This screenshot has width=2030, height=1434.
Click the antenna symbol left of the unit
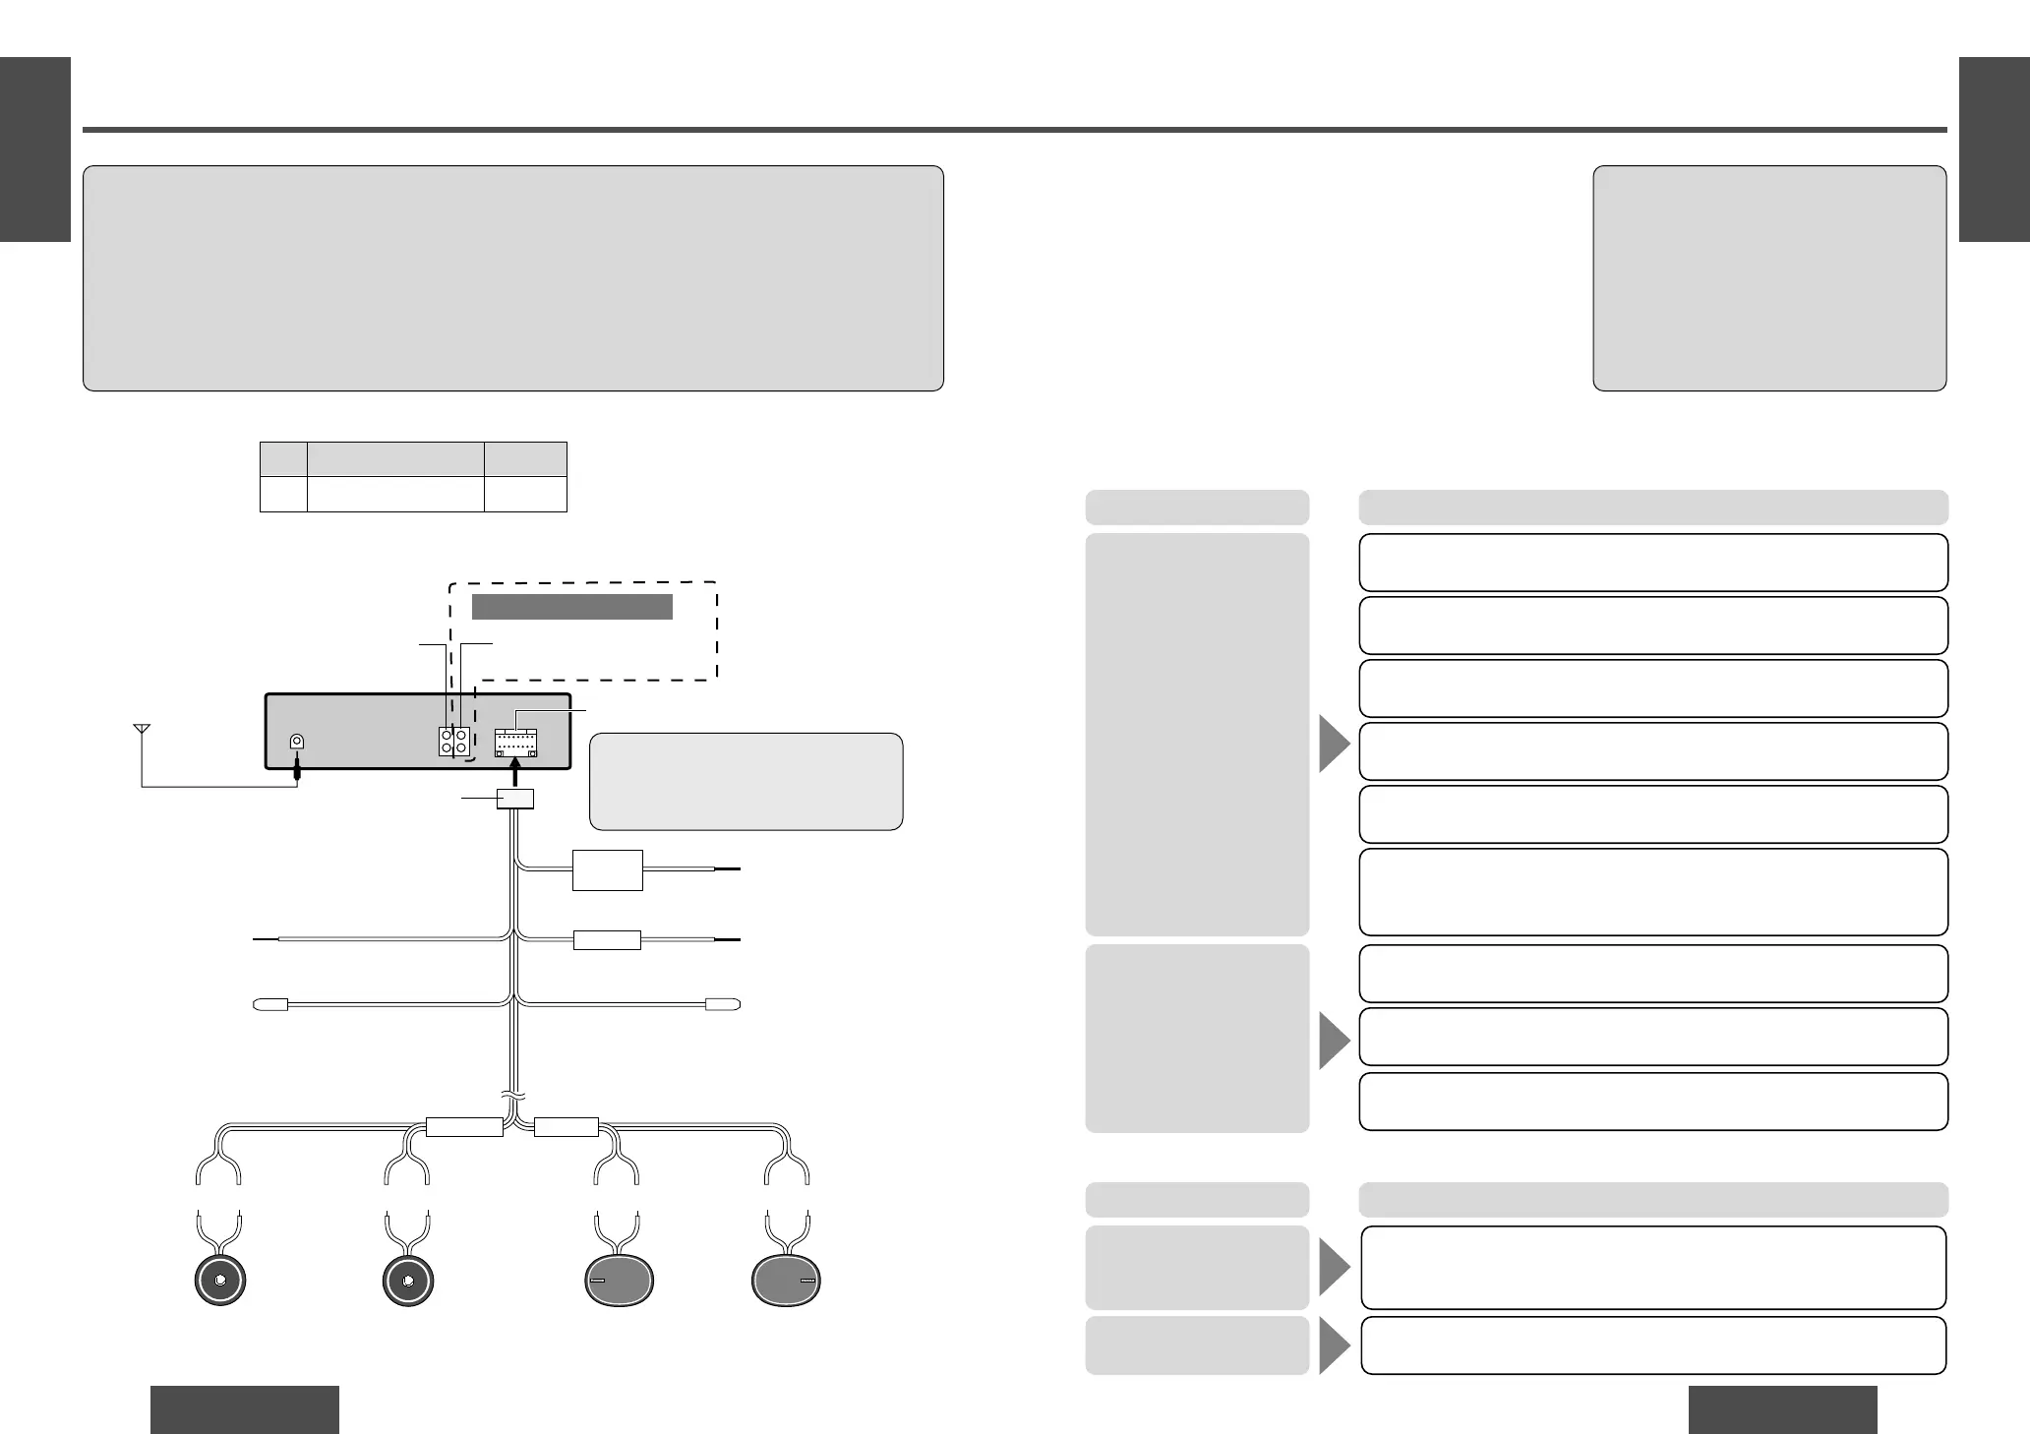point(142,730)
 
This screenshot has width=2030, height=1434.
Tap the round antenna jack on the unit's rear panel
point(296,743)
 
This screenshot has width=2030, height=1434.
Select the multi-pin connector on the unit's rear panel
point(515,743)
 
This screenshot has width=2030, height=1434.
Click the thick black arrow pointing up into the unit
point(515,774)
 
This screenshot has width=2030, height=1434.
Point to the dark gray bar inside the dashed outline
point(571,606)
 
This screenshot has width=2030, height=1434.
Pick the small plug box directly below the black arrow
point(515,798)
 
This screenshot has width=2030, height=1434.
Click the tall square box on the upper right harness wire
point(608,870)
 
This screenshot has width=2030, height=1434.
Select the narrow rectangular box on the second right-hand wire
point(607,940)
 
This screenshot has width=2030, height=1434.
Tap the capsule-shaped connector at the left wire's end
point(270,1005)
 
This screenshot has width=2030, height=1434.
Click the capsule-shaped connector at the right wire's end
point(723,1005)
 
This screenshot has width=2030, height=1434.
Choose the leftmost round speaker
point(220,1281)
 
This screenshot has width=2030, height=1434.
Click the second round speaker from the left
point(407,1281)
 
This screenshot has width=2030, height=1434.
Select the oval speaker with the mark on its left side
point(620,1281)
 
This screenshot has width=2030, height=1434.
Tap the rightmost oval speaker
point(787,1281)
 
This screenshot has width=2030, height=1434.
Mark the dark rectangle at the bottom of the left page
point(244,1409)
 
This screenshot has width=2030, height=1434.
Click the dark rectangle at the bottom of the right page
point(1782,1409)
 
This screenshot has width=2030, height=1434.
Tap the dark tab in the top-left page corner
point(35,149)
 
